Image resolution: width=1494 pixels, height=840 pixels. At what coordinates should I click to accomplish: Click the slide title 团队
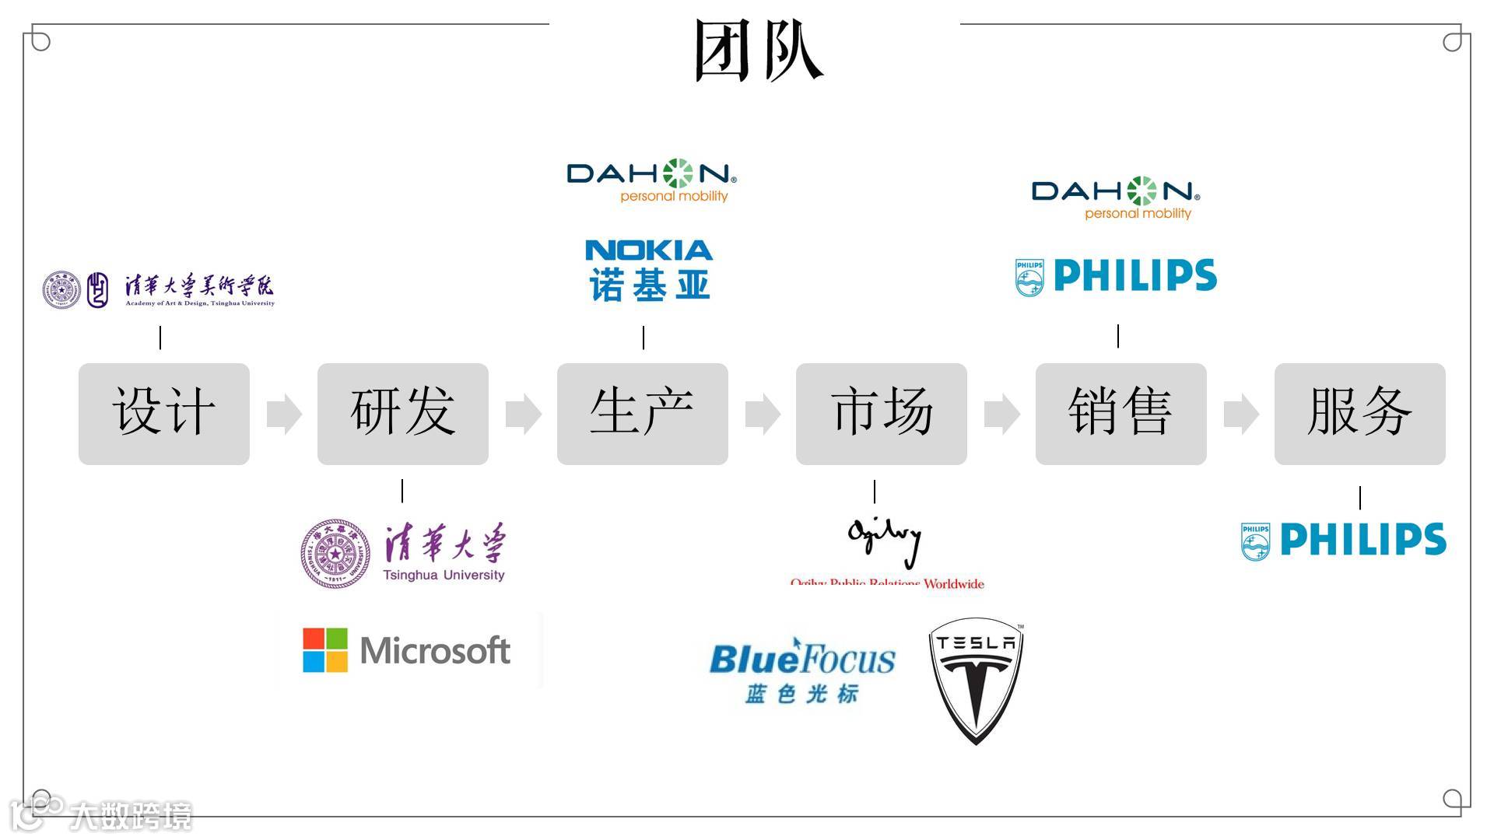pyautogui.click(x=758, y=51)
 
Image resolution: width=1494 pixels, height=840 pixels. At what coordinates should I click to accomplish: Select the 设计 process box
pyautogui.click(x=164, y=414)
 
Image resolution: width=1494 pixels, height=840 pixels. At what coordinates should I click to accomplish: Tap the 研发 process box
pyautogui.click(x=403, y=414)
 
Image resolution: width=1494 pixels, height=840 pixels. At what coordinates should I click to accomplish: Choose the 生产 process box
pyautogui.click(x=643, y=414)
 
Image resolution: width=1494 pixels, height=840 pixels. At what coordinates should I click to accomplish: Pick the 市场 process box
pyautogui.click(x=882, y=414)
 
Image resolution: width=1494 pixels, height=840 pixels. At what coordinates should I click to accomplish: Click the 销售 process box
pyautogui.click(x=1121, y=414)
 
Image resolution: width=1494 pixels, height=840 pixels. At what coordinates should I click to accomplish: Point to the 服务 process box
pyautogui.click(x=1360, y=414)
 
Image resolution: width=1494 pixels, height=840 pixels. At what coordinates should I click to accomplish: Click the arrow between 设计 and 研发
pyautogui.click(x=284, y=414)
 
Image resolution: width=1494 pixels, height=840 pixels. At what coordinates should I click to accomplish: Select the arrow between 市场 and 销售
pyautogui.click(x=1001, y=414)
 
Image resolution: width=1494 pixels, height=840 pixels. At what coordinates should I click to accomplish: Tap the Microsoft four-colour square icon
pyautogui.click(x=325, y=650)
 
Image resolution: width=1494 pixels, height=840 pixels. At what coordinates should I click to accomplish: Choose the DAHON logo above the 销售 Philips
pyautogui.click(x=1116, y=198)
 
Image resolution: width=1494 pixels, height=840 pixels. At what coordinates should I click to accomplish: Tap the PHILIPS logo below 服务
pyautogui.click(x=1344, y=541)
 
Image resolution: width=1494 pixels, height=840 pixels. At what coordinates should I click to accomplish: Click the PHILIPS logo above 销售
pyautogui.click(x=1117, y=276)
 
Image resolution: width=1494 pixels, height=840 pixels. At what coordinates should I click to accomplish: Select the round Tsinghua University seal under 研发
pyautogui.click(x=335, y=554)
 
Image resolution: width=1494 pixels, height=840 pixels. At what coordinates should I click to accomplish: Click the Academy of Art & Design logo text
pyautogui.click(x=199, y=290)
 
